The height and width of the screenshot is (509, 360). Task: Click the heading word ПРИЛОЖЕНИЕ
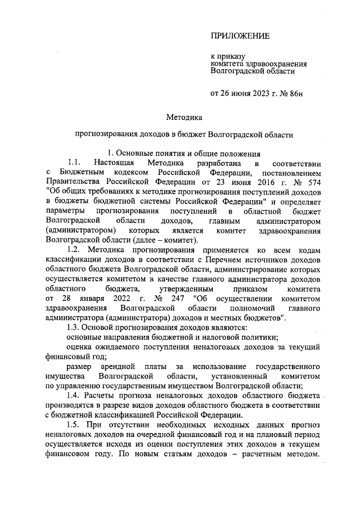coord(240,36)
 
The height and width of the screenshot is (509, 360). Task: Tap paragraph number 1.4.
coord(74,395)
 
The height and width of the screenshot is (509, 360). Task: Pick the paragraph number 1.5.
coord(74,423)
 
